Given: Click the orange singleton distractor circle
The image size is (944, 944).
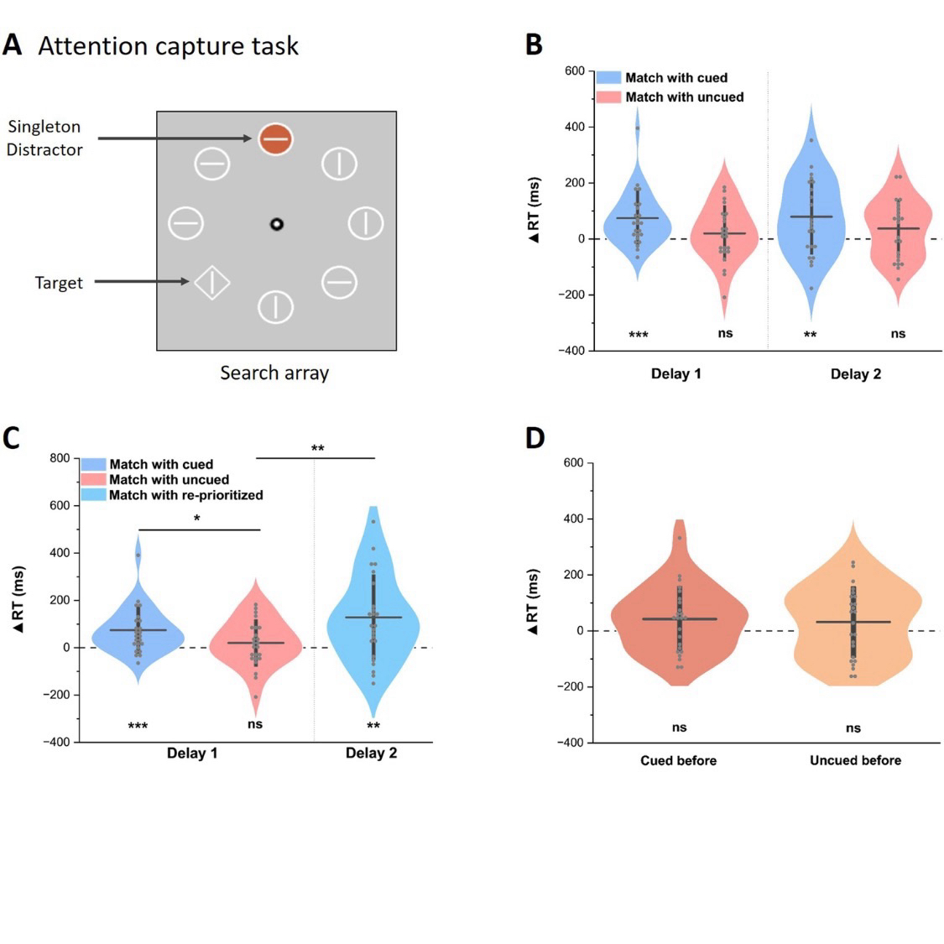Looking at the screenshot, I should coord(276,138).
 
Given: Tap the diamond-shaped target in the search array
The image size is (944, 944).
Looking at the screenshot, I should coord(212,282).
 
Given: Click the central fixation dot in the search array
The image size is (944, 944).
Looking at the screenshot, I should coord(276,224).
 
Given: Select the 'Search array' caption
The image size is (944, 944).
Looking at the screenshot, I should coord(274,373).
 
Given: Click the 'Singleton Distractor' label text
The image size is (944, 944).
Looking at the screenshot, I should coord(44,138).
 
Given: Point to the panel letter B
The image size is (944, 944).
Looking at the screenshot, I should coord(534,44).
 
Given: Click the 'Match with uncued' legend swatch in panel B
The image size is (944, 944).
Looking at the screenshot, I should coord(609,97).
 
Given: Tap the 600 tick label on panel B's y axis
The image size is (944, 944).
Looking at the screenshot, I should coord(574,71).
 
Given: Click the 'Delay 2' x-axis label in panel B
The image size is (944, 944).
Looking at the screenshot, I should coord(855,373).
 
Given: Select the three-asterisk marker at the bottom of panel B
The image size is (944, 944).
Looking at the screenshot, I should coord(639,336).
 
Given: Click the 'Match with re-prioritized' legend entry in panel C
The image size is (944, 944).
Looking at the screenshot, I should coord(186,495).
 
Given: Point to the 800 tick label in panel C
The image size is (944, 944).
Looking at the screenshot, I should coord(60,458).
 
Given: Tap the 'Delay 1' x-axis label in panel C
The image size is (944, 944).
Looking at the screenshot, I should coord(192,753).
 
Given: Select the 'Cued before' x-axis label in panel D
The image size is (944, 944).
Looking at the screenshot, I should coord(678,760).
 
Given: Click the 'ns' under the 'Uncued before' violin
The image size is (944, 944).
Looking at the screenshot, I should coord(853,728).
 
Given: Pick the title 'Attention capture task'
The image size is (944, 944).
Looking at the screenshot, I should coord(168,45).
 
